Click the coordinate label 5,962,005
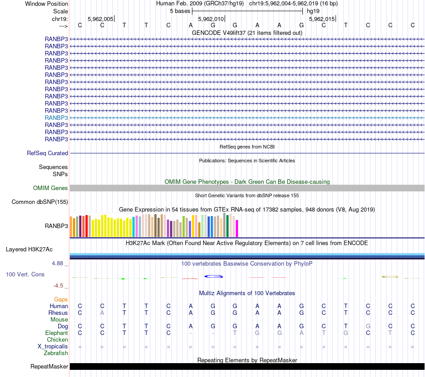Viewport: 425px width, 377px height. tap(100, 19)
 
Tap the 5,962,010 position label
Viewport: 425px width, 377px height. tap(211, 19)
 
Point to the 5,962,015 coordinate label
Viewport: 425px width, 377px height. tap(322, 19)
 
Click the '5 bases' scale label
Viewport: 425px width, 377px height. tap(180, 11)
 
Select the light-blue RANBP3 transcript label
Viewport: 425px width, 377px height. tap(56, 118)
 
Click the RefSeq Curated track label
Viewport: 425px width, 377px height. tap(47, 153)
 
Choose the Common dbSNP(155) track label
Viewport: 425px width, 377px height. tap(40, 202)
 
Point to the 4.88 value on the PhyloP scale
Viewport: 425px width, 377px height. tap(57, 263)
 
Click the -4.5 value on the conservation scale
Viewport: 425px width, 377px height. tap(58, 286)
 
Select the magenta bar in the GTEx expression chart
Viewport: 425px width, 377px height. tap(237, 228)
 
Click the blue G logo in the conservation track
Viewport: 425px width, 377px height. tap(213, 276)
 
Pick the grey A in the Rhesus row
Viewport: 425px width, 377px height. tap(102, 313)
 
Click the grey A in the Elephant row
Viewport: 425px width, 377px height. tap(302, 333)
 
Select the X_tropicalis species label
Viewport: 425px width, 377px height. tap(53, 347)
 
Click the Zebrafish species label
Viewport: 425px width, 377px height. tap(56, 353)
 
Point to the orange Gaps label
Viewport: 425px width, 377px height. tap(61, 300)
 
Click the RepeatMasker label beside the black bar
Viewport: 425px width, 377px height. tap(49, 367)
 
